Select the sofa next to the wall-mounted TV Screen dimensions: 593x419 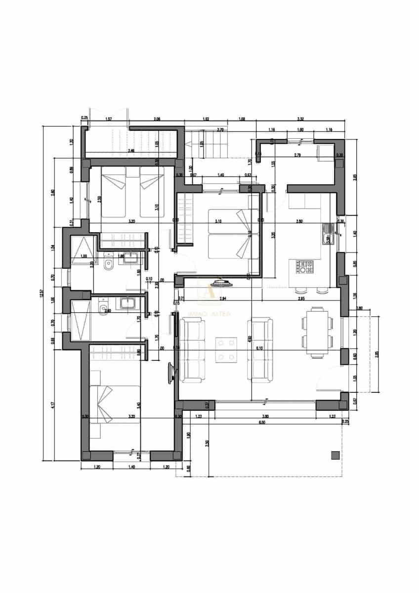click(x=192, y=350)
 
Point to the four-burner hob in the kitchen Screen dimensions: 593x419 click(x=305, y=267)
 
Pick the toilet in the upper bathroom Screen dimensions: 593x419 click(x=109, y=266)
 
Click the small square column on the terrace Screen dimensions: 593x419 click(x=335, y=455)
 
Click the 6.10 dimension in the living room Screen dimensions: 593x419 click(x=259, y=348)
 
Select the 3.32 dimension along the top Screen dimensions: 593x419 click(x=300, y=119)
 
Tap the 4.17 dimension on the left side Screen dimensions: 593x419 click(x=53, y=406)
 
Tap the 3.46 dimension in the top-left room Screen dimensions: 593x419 click(x=131, y=150)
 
